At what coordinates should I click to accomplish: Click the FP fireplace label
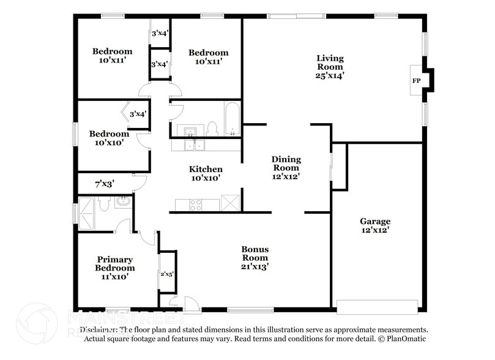(416, 81)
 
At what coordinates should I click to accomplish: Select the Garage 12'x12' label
(375, 225)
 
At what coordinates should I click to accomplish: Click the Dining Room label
(286, 167)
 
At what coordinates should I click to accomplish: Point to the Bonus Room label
(255, 258)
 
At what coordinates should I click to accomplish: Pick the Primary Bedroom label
(114, 268)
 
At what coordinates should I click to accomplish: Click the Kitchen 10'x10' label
(205, 173)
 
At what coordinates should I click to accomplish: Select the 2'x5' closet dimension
(167, 274)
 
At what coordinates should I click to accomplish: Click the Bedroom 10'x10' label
(109, 138)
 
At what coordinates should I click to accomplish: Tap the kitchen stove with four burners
(196, 205)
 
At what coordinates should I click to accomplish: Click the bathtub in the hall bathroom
(233, 120)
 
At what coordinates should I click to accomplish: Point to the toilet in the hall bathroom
(212, 129)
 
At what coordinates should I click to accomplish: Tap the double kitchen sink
(195, 145)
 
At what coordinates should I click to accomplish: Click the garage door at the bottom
(377, 306)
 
